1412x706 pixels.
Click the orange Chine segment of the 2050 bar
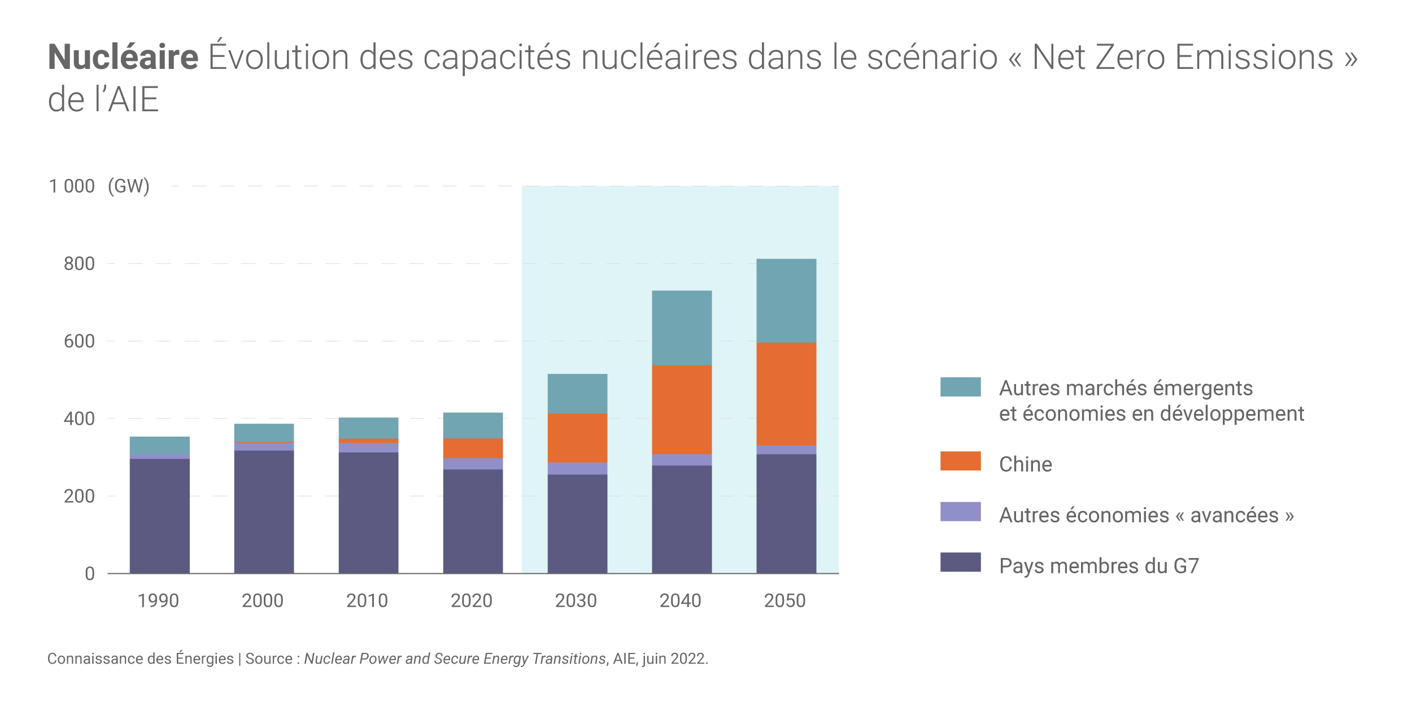tap(786, 394)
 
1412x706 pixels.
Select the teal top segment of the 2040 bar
tap(681, 328)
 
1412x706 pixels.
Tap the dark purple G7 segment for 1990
tap(159, 515)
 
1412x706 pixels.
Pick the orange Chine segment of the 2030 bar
tap(577, 438)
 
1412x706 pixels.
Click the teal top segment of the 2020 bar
tap(473, 425)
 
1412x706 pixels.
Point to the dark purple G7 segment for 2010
tap(368, 512)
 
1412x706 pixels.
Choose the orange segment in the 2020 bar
tap(473, 448)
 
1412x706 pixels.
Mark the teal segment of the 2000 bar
tap(264, 433)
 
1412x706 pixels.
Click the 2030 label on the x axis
tap(576, 600)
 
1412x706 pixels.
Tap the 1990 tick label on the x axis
tap(158, 600)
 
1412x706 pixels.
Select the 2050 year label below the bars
tap(785, 600)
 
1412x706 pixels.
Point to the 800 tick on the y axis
tap(79, 264)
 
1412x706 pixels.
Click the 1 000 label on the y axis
tap(72, 186)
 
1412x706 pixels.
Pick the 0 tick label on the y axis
tap(90, 574)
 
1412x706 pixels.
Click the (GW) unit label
tap(129, 186)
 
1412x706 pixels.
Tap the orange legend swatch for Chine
tap(960, 461)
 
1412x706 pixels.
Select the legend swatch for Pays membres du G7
tap(960, 562)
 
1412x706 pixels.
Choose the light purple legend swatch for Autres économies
tap(960, 511)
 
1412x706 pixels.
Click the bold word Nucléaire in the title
tap(123, 57)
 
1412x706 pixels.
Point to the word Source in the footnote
tap(268, 659)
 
